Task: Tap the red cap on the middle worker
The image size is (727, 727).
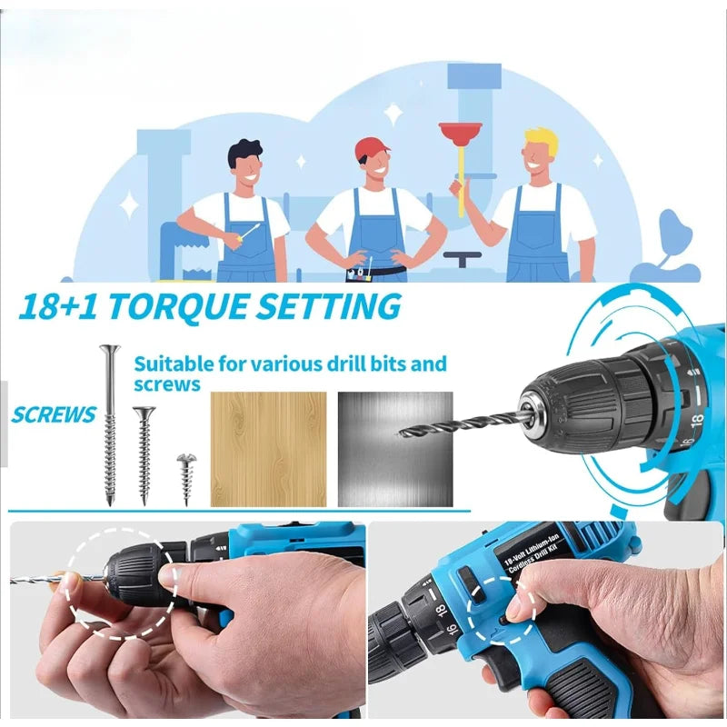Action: [x=372, y=148]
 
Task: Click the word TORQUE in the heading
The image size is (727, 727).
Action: [x=172, y=306]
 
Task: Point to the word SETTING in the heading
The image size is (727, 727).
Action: [x=326, y=306]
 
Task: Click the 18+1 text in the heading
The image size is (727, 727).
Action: [x=55, y=306]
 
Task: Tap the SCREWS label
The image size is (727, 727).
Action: [x=54, y=415]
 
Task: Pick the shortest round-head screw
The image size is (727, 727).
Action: [x=186, y=476]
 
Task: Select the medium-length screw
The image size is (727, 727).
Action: [x=144, y=453]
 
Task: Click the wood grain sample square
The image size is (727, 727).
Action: [x=268, y=449]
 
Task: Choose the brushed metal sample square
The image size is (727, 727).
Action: [x=395, y=449]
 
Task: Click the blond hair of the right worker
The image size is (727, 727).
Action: [x=541, y=138]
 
